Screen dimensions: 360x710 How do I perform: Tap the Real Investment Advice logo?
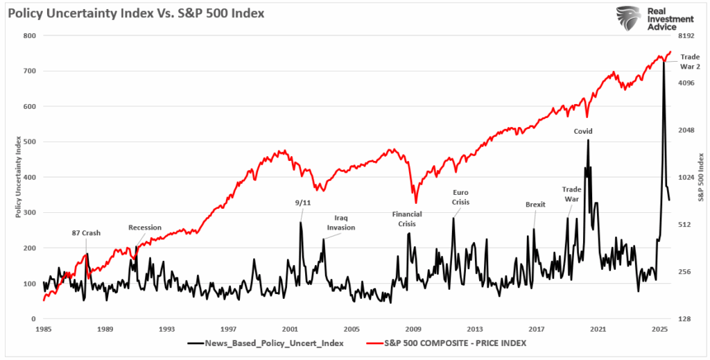tap(656, 19)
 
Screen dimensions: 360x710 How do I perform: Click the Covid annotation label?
tap(582, 131)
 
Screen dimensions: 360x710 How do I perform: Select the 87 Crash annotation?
tap(87, 233)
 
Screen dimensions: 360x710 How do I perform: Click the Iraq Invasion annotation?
tap(341, 222)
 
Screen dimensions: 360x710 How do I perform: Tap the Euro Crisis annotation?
tap(460, 197)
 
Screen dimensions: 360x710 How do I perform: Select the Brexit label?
tap(535, 205)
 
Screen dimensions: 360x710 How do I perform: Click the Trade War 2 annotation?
tap(689, 61)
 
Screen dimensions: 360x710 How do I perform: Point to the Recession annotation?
tap(145, 228)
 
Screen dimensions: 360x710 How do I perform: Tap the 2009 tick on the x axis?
tap(413, 329)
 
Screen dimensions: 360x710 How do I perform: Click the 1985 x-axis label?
tap(44, 329)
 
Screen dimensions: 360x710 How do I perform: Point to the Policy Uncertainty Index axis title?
tap(19, 177)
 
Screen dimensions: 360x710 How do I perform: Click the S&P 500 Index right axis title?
tap(701, 177)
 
